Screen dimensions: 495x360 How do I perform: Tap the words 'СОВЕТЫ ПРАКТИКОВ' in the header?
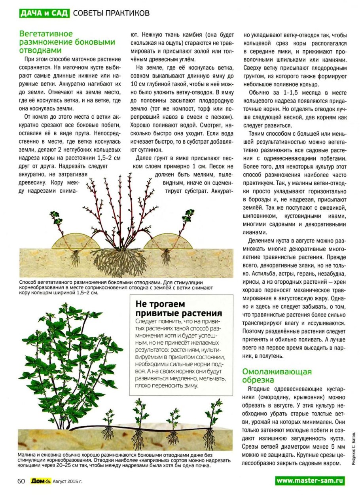[112, 13]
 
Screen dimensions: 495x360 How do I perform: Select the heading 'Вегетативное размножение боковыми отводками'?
[67, 42]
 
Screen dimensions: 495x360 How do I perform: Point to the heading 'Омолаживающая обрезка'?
[277, 376]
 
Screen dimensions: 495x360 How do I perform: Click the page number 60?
[21, 481]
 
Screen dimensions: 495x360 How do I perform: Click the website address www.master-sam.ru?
[310, 481]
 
